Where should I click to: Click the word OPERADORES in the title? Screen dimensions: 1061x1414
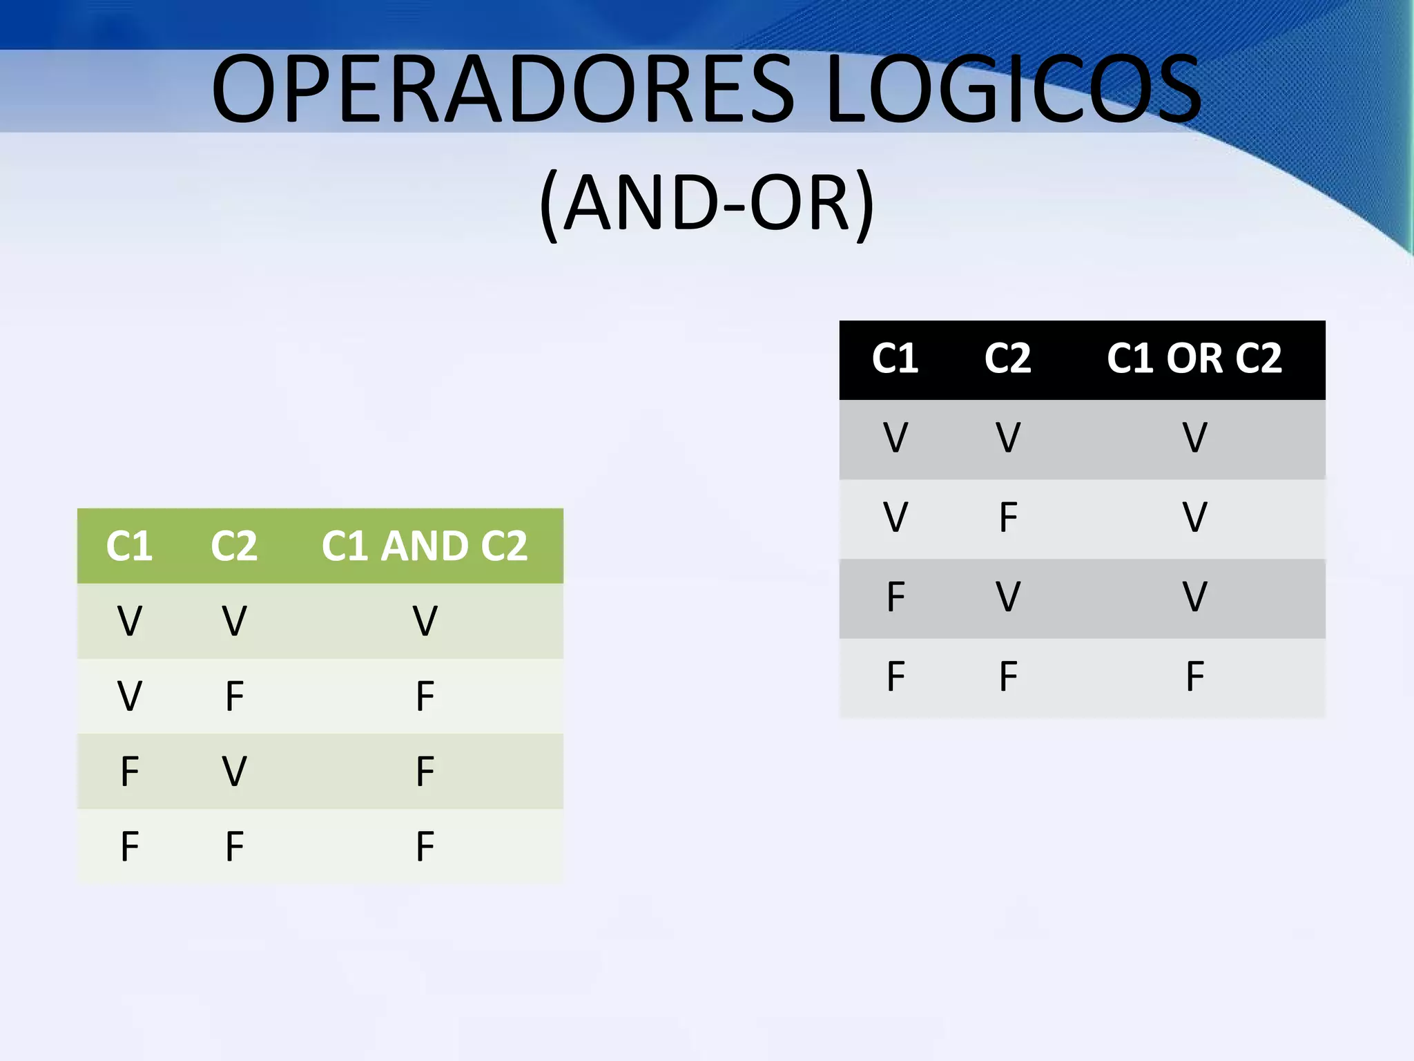pyautogui.click(x=504, y=90)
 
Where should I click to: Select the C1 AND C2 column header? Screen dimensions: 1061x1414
pyautogui.click(x=425, y=546)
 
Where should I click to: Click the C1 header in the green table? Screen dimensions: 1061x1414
pyautogui.click(x=129, y=546)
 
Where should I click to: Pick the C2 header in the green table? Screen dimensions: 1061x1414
pyautogui.click(x=234, y=546)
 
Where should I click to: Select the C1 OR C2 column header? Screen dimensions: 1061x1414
pyautogui.click(x=1194, y=359)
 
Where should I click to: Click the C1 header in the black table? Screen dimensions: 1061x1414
pyautogui.click(x=895, y=359)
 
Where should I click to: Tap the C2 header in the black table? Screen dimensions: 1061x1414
pyautogui.click(x=1007, y=359)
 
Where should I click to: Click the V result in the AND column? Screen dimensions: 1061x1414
pyautogui.click(x=425, y=620)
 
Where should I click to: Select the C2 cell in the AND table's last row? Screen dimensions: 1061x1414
pyautogui.click(x=235, y=846)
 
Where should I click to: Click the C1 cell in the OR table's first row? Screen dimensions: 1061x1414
pyautogui.click(x=895, y=438)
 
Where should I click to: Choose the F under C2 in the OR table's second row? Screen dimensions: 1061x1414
pyautogui.click(x=1008, y=517)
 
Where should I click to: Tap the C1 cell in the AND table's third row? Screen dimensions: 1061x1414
pyautogui.click(x=130, y=771)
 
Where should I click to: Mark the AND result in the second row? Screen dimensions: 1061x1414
pyautogui.click(x=425, y=696)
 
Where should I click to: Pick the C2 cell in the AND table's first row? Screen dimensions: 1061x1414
pyautogui.click(x=235, y=620)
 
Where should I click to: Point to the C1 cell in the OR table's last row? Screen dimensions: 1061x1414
pyautogui.click(x=895, y=676)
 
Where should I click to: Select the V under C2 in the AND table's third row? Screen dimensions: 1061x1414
pyautogui.click(x=235, y=771)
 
